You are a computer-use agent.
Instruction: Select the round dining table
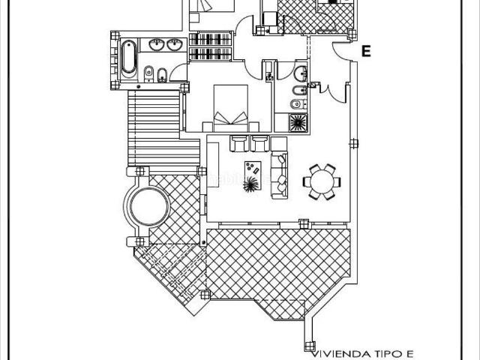point(321,181)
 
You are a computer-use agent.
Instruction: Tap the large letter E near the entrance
point(366,51)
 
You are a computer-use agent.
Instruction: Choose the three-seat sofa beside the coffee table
point(280,174)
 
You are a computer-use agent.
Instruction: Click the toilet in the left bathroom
point(148,73)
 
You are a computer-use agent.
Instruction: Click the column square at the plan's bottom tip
point(309,345)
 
